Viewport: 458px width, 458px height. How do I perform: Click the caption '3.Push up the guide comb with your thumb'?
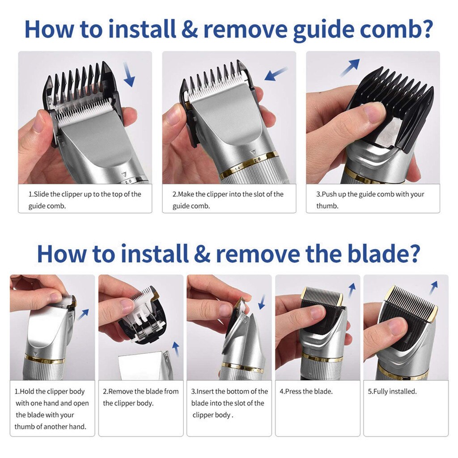(x=370, y=200)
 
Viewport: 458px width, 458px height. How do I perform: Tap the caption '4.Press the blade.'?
(x=306, y=391)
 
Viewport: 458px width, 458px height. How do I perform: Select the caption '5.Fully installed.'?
(x=392, y=391)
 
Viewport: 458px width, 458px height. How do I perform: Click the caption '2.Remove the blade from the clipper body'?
(x=140, y=397)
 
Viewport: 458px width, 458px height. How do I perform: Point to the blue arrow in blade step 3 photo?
(x=262, y=301)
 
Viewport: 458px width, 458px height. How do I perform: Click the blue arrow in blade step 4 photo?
(x=352, y=290)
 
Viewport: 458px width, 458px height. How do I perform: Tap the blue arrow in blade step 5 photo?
(x=433, y=288)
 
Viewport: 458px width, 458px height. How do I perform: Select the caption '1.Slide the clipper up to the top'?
(x=85, y=200)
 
